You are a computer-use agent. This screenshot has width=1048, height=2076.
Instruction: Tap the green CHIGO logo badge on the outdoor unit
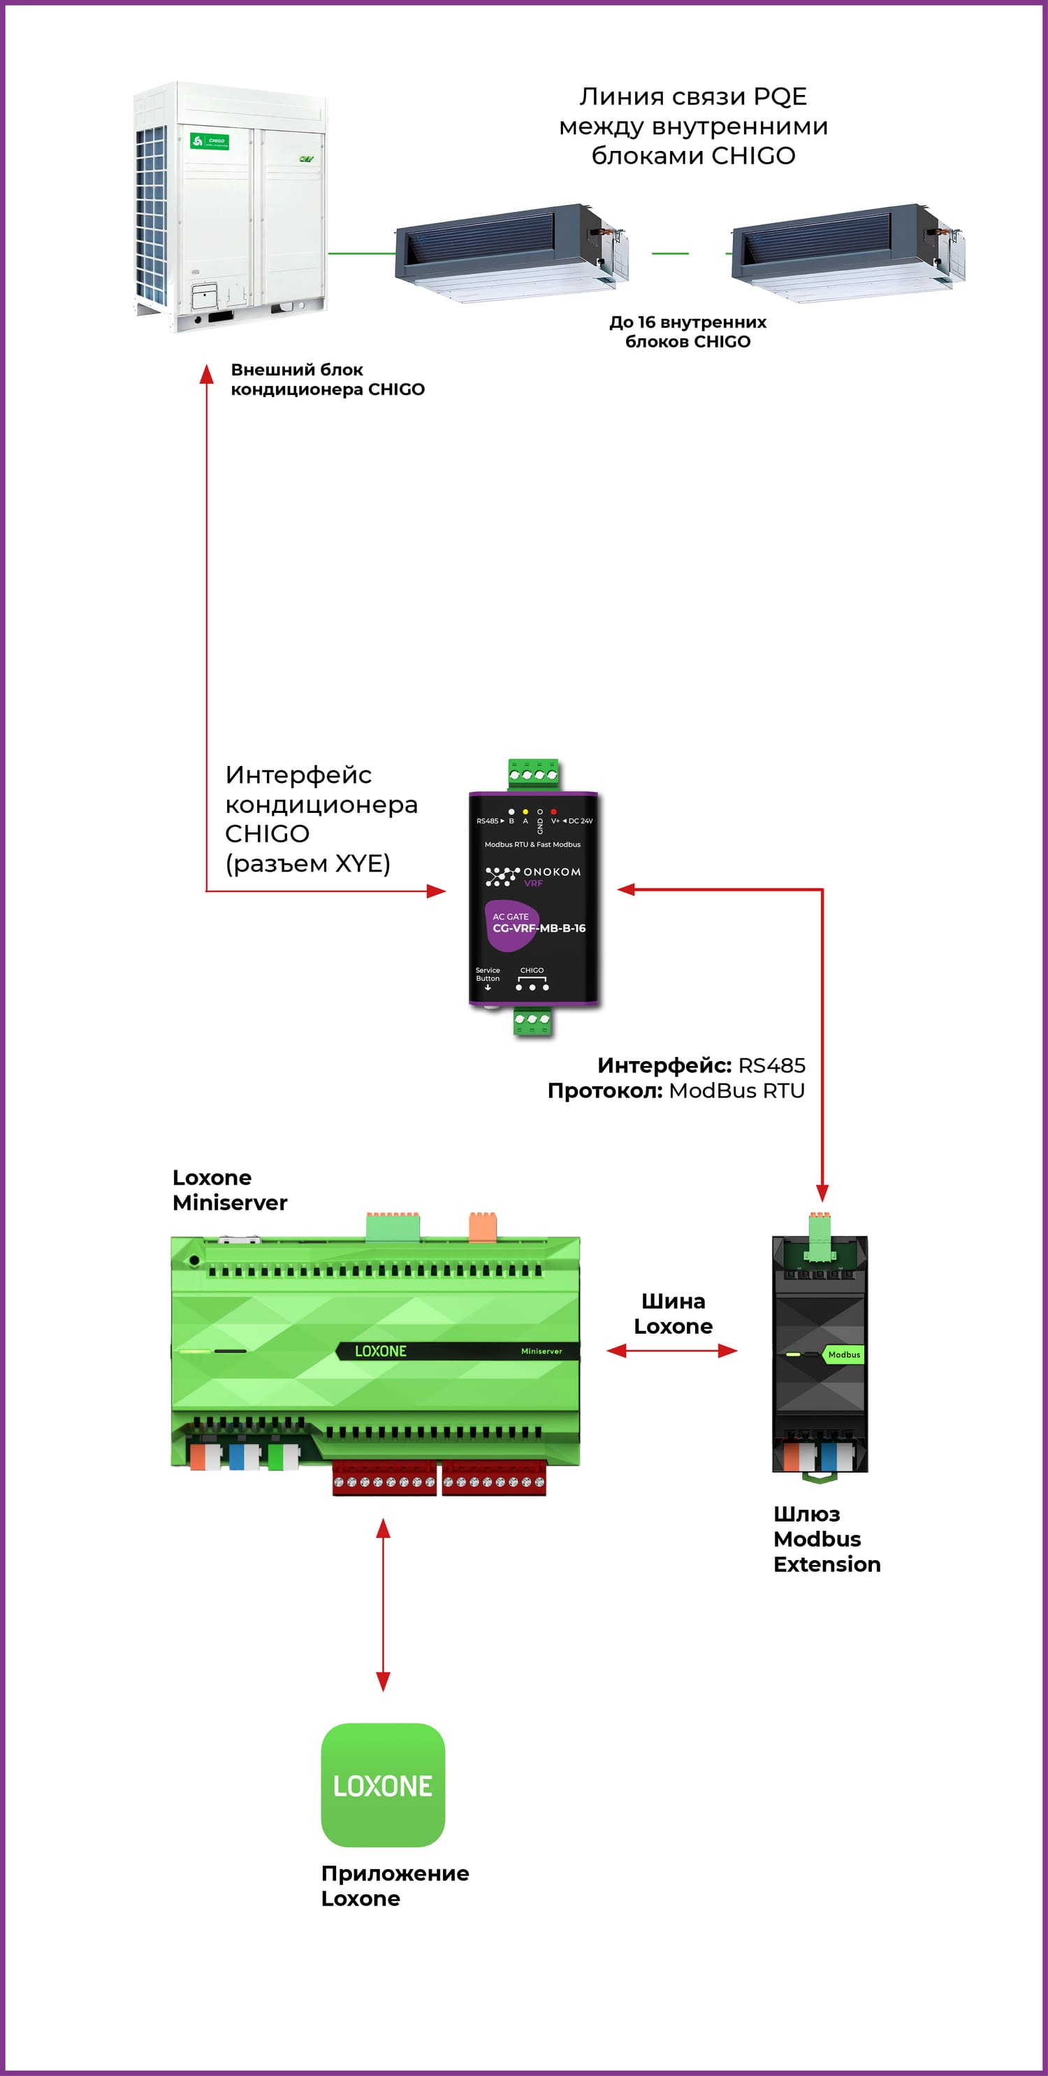click(210, 141)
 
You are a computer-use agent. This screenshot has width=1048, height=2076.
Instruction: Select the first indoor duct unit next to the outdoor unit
click(511, 252)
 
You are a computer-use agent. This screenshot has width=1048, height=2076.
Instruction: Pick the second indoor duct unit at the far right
click(847, 252)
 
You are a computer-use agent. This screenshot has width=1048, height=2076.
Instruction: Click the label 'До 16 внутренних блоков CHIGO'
click(688, 331)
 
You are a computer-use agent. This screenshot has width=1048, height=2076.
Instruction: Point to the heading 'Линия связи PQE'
click(693, 96)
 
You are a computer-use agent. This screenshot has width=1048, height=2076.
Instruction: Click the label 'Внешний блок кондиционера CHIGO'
click(327, 380)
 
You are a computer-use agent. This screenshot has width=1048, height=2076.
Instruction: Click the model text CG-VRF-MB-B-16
click(539, 928)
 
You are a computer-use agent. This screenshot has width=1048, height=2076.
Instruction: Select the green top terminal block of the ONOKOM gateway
click(532, 774)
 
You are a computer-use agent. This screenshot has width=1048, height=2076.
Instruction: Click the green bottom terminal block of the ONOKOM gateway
click(532, 1021)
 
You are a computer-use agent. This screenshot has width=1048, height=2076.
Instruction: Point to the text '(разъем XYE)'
click(307, 864)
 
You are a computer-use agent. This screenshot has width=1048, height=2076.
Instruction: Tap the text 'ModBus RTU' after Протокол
click(736, 1090)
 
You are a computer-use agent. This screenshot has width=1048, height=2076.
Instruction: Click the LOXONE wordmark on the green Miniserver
click(381, 1351)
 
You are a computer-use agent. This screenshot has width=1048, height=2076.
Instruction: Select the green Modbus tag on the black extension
click(843, 1355)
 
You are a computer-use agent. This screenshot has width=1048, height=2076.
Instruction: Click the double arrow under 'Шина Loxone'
click(672, 1350)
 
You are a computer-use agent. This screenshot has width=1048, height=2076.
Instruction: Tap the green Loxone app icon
click(383, 1785)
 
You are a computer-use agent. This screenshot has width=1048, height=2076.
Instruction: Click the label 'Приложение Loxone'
click(395, 1886)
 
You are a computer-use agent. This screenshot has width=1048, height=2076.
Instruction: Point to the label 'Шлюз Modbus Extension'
click(827, 1539)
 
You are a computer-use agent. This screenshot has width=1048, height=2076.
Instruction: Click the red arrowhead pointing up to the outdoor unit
click(206, 373)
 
